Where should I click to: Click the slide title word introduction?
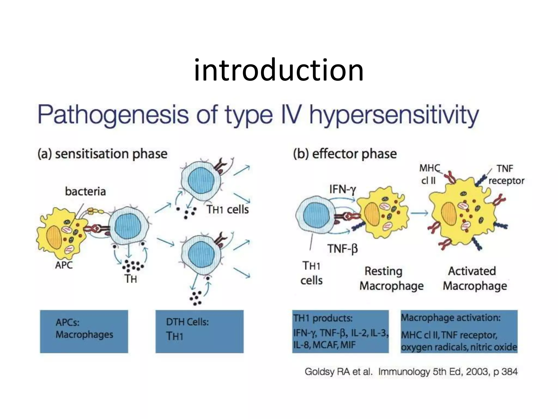point(278,70)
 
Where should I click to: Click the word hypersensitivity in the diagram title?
point(394,115)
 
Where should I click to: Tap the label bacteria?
point(85,191)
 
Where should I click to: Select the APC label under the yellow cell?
point(64,265)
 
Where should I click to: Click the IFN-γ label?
point(342,189)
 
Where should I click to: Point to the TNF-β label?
point(342,249)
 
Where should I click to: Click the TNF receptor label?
point(506,175)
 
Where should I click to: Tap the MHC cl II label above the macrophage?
point(429,174)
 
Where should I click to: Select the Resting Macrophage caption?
point(391,279)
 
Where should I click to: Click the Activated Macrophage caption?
point(474,279)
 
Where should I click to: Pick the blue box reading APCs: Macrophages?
point(84,331)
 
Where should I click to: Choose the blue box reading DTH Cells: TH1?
point(199,331)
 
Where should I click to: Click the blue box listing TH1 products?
point(340,331)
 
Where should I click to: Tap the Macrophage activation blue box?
point(459,331)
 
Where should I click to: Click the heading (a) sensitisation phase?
point(102,154)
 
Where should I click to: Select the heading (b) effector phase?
point(345,154)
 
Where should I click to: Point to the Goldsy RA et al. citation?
point(411,372)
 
